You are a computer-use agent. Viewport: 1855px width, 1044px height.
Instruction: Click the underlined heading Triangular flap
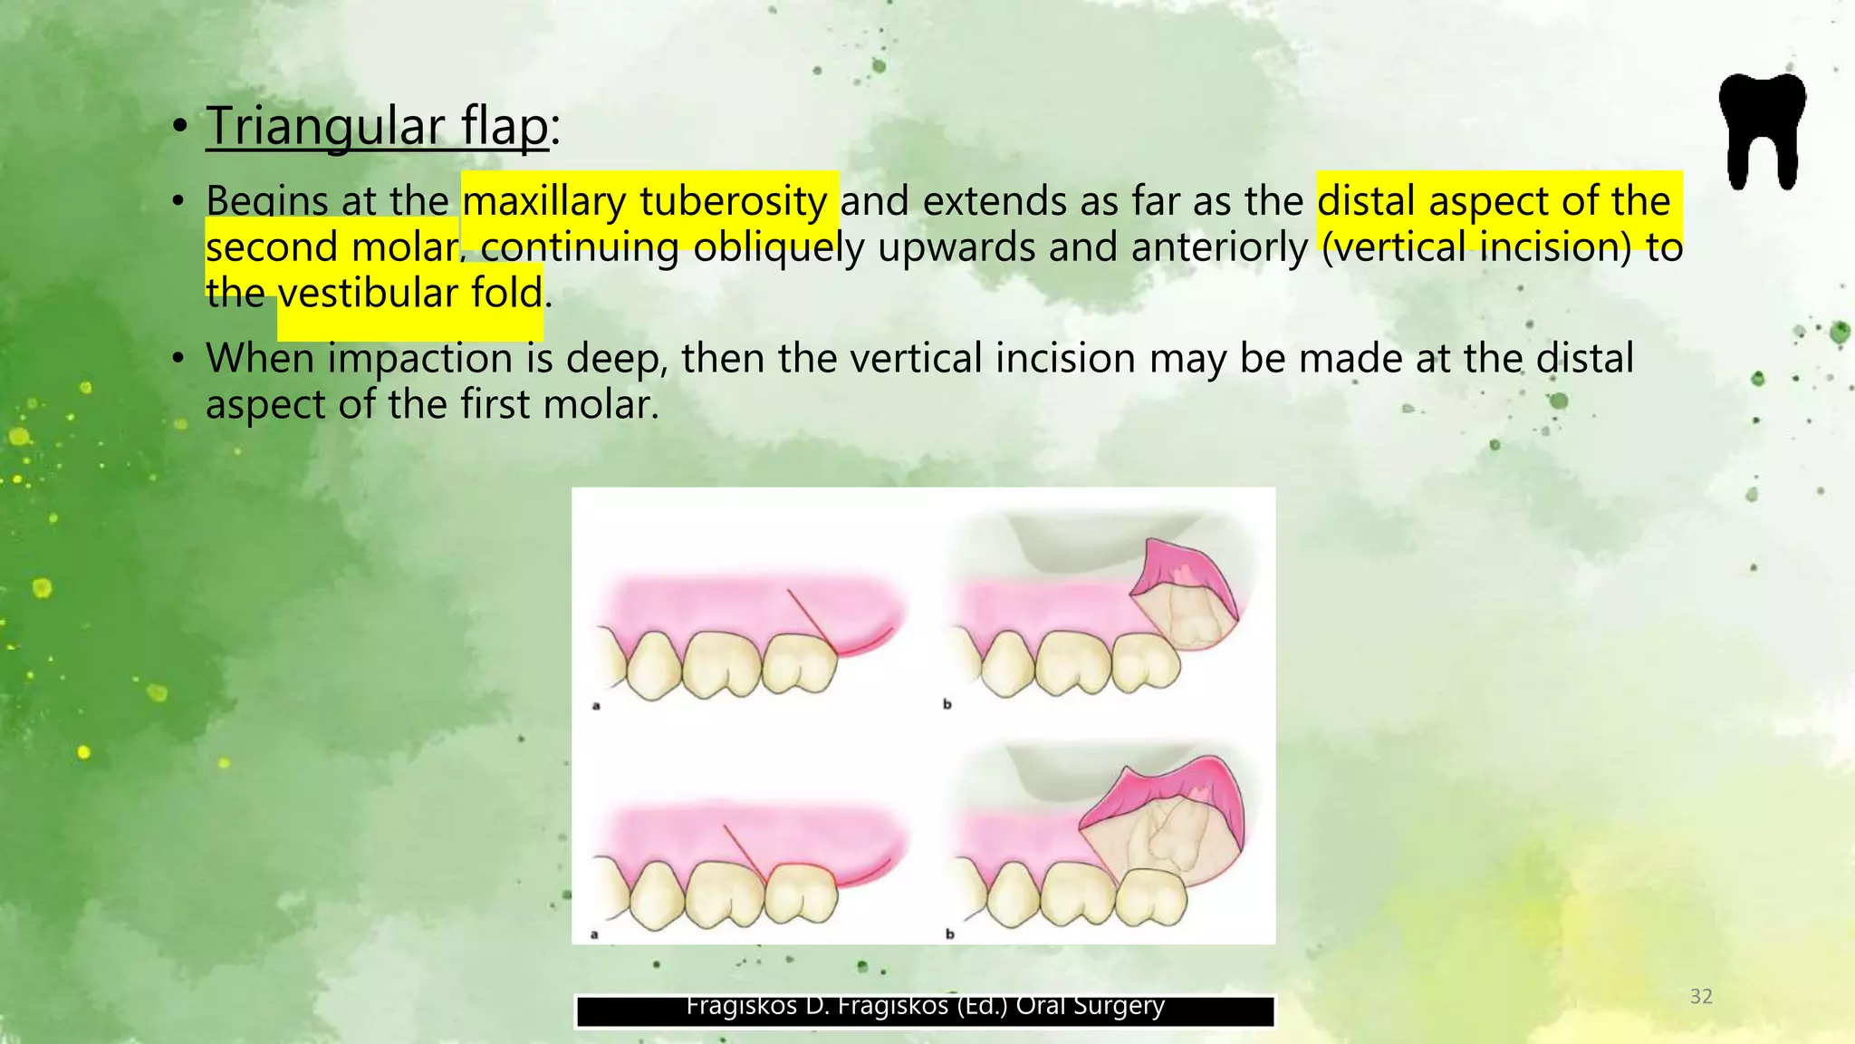click(377, 125)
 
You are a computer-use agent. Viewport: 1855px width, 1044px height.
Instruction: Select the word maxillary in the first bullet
click(543, 201)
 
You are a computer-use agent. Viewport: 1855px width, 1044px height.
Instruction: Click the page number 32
click(1701, 997)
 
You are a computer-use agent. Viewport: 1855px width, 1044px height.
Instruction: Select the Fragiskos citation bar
click(925, 1010)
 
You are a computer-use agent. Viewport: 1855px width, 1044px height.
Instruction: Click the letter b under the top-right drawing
click(947, 704)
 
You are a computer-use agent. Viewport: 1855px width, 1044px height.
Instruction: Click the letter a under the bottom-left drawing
click(594, 933)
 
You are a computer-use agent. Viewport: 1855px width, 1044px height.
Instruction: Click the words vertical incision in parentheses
click(1476, 247)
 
